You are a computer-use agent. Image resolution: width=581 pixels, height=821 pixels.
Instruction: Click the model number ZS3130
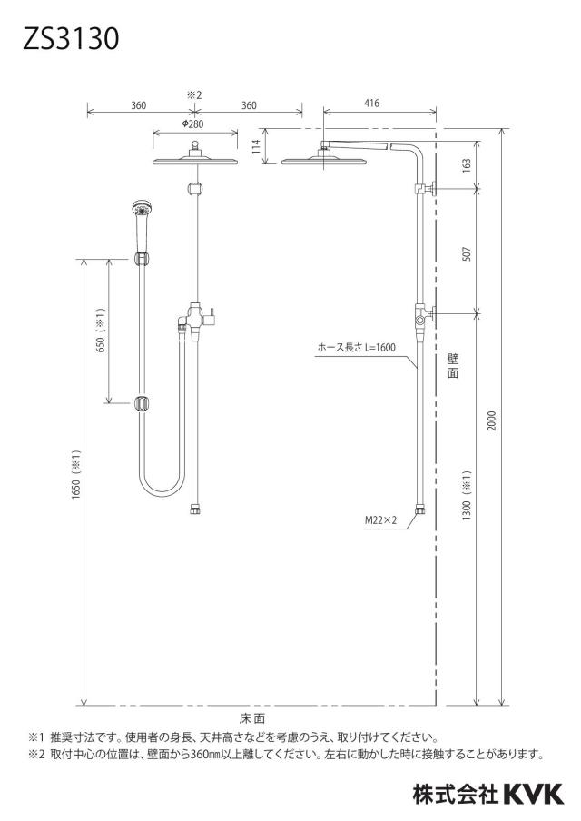[71, 39]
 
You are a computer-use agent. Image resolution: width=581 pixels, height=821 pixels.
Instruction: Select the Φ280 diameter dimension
[192, 124]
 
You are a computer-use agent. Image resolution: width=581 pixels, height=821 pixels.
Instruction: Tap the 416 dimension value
[371, 104]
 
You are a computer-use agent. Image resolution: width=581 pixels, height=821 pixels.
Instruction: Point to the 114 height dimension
[256, 145]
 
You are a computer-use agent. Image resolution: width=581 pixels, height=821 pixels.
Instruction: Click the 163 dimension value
[467, 164]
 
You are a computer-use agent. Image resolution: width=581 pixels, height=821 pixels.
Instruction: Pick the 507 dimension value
[467, 254]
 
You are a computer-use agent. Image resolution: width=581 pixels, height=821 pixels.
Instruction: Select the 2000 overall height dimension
[491, 420]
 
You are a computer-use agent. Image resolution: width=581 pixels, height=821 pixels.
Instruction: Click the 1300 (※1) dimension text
[467, 494]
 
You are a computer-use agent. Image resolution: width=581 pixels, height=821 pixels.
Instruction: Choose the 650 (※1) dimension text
[101, 330]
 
